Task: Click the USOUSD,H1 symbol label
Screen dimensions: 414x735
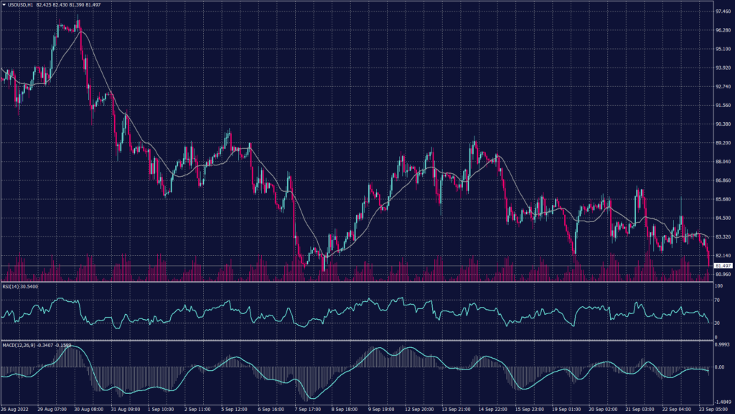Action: pos(22,5)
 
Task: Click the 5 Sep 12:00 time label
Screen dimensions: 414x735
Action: pos(235,408)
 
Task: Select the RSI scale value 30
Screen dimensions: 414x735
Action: pos(717,323)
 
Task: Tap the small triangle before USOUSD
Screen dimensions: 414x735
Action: pos(4,5)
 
